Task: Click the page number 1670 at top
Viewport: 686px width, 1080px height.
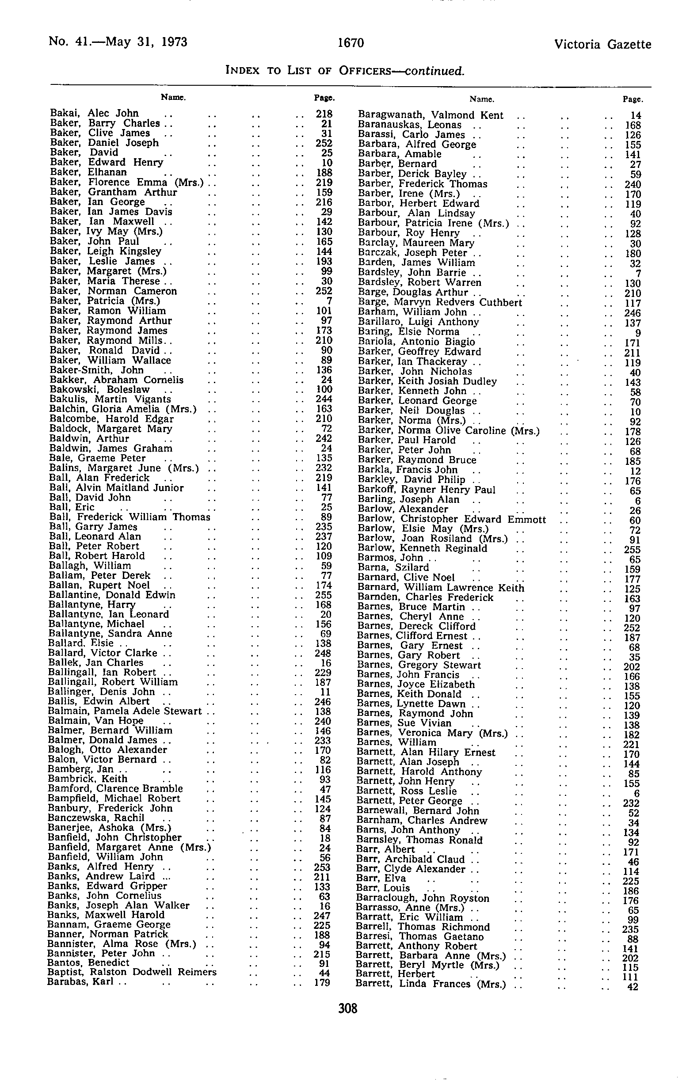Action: click(x=351, y=43)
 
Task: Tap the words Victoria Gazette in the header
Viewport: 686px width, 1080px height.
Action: click(x=602, y=44)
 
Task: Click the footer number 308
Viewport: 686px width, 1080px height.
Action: click(x=348, y=1009)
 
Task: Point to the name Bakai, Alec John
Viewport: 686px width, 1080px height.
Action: click(x=95, y=114)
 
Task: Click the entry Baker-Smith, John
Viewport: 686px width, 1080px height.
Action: click(x=96, y=370)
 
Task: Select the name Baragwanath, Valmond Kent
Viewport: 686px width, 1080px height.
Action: click(x=430, y=115)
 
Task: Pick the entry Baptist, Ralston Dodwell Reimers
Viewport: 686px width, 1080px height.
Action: click(x=132, y=972)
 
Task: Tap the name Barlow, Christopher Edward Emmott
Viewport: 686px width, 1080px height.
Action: click(x=451, y=519)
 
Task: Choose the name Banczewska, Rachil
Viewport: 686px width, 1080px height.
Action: click(x=95, y=818)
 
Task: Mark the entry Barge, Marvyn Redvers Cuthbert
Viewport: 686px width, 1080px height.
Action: click(x=440, y=302)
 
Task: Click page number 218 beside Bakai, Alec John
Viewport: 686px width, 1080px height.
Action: click(x=324, y=114)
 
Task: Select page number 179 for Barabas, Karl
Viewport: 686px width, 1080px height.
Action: click(x=323, y=982)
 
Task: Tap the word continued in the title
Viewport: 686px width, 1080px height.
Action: click(x=434, y=71)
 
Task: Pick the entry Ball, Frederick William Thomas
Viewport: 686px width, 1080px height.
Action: click(x=129, y=517)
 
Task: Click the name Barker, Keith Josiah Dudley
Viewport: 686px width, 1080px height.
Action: click(x=427, y=381)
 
